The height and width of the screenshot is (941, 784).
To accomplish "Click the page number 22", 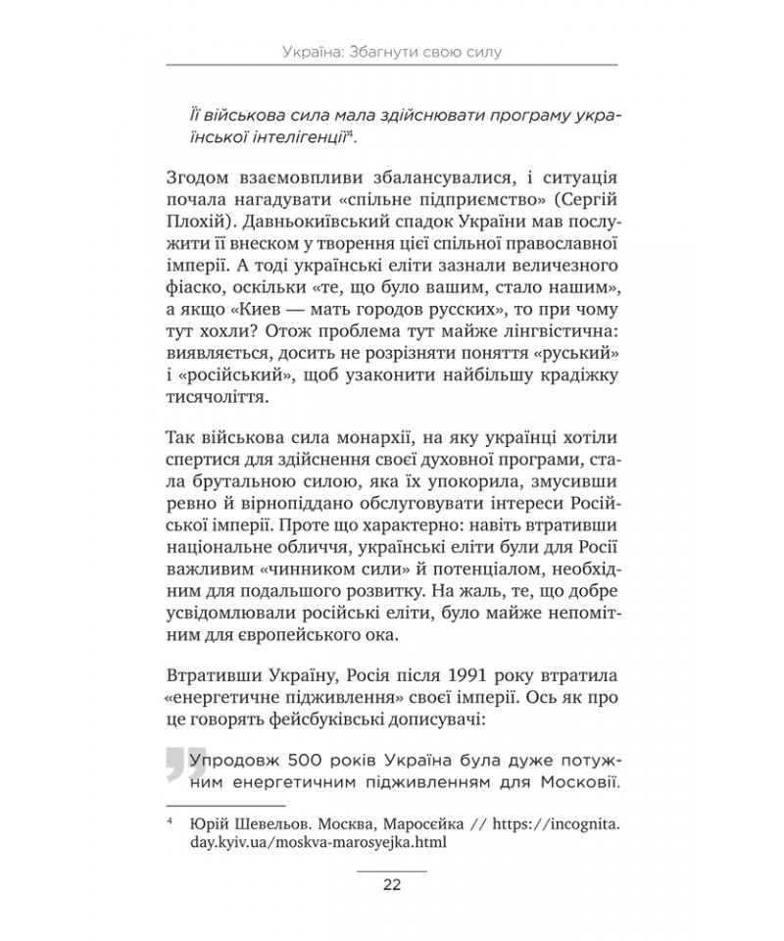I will coord(391,885).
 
